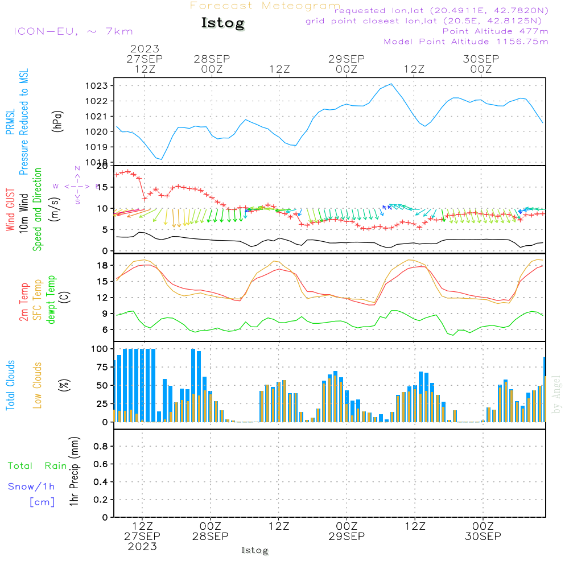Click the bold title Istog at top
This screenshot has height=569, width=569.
coord(222,23)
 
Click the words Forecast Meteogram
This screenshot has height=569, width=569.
coord(265,6)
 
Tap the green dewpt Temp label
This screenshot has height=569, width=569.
coord(51,300)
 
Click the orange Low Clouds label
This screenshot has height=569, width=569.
coord(38,385)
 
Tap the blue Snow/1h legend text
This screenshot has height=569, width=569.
coord(31,486)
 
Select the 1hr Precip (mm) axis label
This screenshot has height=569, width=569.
coord(73,472)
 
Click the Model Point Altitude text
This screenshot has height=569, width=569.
coord(466,42)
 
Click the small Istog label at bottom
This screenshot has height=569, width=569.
coord(254,550)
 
